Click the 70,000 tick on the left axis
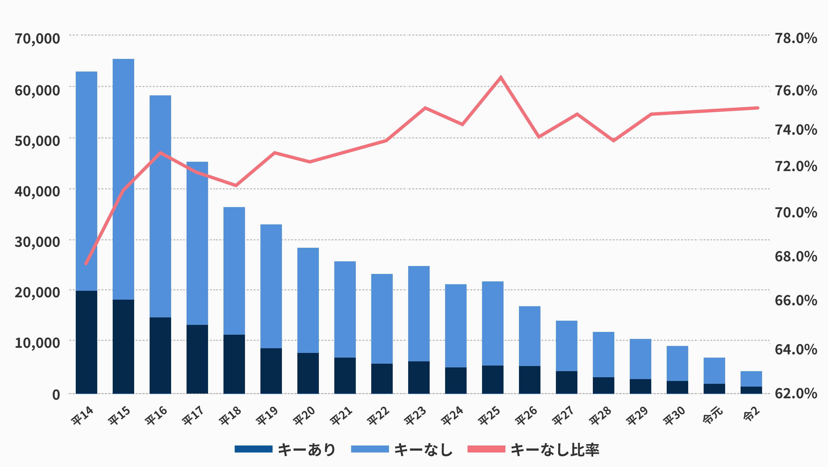click(x=37, y=39)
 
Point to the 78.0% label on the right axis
click(x=796, y=39)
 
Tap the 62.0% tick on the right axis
click(x=796, y=393)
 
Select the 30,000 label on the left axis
click(x=37, y=242)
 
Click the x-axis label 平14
click(x=82, y=416)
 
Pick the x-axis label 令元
click(x=713, y=415)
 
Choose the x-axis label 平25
click(x=489, y=416)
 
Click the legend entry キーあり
click(x=306, y=449)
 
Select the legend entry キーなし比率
click(x=555, y=449)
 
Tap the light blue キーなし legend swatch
click(x=370, y=449)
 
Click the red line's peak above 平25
click(x=501, y=77)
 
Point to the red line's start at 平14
click(x=86, y=264)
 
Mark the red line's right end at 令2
click(x=758, y=108)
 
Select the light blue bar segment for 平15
click(x=123, y=179)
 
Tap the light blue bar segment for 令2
click(x=751, y=379)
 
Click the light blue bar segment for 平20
click(x=308, y=300)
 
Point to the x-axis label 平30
click(x=674, y=416)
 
